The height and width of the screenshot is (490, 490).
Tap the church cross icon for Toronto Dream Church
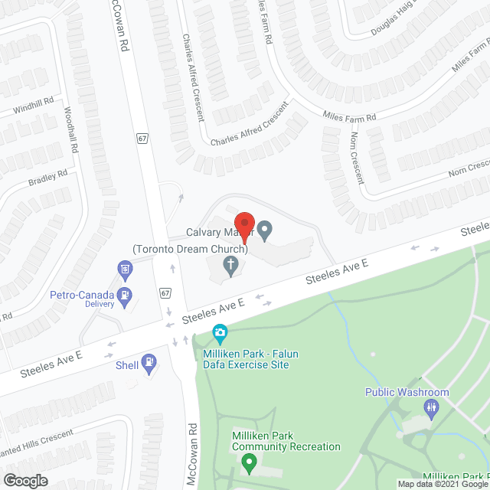coord(230,266)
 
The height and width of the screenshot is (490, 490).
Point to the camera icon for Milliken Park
coord(220,332)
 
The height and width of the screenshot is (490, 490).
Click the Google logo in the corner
coord(25,480)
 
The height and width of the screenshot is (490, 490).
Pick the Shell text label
coord(126,365)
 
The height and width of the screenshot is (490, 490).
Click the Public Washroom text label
coord(407,393)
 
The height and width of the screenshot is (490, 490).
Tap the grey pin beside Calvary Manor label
coord(265,229)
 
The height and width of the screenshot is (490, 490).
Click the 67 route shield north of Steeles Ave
coord(143,139)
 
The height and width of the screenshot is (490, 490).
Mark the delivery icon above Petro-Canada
coord(124,269)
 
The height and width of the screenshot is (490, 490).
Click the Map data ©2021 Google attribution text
coord(439,483)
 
